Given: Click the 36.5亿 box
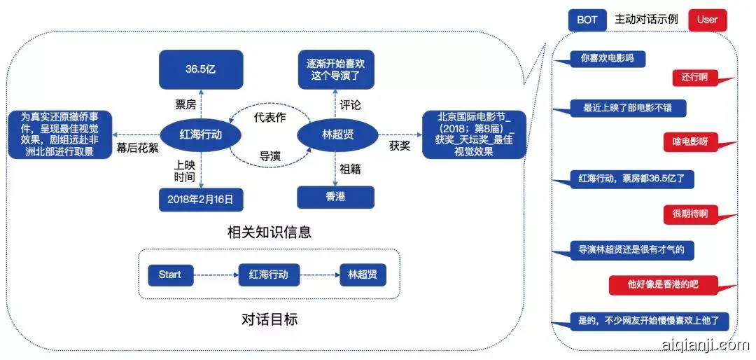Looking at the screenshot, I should point(199,69).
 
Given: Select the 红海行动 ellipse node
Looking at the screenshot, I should point(200,134).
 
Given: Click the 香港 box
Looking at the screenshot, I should point(335,197).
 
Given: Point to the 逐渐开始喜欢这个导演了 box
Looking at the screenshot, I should point(336,69).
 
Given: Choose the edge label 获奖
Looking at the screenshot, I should point(400,146).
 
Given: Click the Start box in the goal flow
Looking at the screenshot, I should point(170,275).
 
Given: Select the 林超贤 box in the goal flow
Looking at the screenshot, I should point(362,275).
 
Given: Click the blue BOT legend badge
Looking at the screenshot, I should point(587,20).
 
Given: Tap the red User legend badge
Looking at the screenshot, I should point(707,20).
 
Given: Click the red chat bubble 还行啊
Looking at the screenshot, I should point(694,77).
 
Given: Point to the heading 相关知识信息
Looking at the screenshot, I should point(269,232).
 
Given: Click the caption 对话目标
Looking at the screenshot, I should point(269,319).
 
